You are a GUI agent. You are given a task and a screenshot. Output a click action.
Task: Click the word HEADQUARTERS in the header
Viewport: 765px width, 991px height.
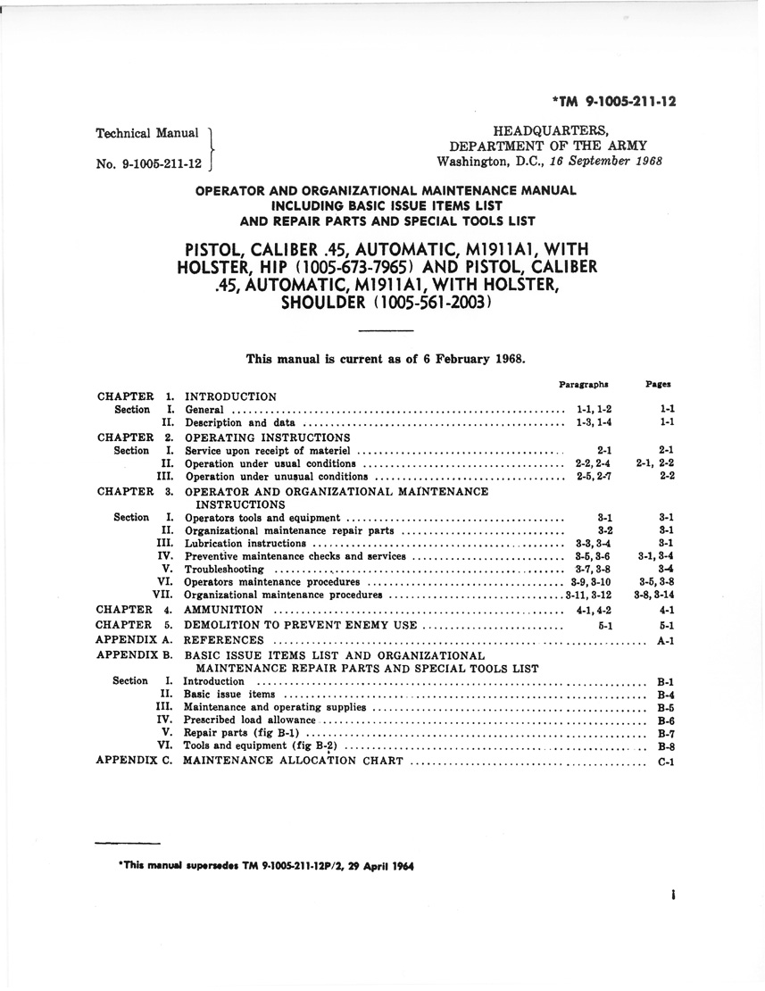pyautogui.click(x=545, y=130)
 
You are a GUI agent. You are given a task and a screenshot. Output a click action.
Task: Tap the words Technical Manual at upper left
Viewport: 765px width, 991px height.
pyautogui.click(x=146, y=133)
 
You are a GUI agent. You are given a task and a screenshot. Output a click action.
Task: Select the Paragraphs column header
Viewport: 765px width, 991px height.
pyautogui.click(x=584, y=384)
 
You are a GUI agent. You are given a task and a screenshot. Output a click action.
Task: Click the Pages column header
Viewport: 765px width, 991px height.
pyautogui.click(x=659, y=384)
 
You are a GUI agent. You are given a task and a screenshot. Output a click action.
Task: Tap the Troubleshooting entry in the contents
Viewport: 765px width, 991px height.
pyautogui.click(x=224, y=569)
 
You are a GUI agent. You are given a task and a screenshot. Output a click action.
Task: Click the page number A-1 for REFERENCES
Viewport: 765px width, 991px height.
pyautogui.click(x=664, y=640)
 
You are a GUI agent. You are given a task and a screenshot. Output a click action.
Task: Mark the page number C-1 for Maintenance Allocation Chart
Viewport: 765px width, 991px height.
pyautogui.click(x=664, y=762)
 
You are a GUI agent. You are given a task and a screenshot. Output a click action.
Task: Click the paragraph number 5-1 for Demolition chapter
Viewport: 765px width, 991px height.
pyautogui.click(x=604, y=626)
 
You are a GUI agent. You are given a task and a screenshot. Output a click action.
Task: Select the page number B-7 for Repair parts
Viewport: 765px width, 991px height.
pyautogui.click(x=664, y=733)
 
